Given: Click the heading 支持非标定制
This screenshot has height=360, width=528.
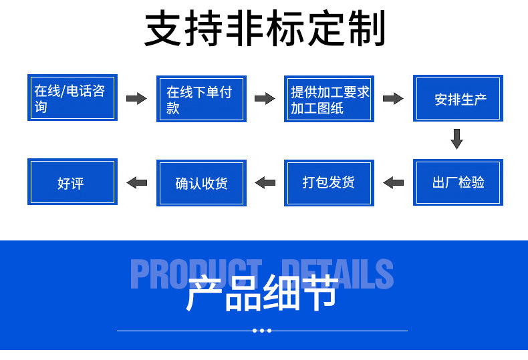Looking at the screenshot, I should point(265,30).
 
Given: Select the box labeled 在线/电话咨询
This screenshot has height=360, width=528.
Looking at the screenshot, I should point(72,98).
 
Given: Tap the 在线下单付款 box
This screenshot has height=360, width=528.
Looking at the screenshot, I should point(201,98).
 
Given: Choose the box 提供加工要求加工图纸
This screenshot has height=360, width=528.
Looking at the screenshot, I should point(329,98).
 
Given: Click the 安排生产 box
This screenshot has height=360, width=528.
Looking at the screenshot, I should point(458,98).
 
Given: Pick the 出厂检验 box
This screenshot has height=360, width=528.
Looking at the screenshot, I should point(458,182).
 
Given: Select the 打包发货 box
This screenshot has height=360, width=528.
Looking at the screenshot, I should point(329,182).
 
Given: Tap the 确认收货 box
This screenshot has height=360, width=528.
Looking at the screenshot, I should point(201,183).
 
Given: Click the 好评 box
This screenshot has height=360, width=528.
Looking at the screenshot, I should point(72,182).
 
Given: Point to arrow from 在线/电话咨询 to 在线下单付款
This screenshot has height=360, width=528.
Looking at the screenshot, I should point(136,99).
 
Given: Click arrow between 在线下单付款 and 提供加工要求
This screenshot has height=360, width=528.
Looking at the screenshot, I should point(265,99).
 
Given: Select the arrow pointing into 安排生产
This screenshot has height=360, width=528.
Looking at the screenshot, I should point(393,99).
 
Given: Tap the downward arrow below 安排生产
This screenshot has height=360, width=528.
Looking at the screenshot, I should point(457,139).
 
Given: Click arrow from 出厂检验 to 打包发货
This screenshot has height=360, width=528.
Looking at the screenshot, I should point(393,182).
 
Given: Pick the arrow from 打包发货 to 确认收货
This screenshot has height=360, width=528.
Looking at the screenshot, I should point(265,182).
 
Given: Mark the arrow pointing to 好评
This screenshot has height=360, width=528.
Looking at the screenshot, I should point(136,182).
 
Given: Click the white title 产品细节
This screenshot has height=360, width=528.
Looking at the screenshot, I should point(261,294).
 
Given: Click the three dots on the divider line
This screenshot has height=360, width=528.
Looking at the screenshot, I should point(262,331).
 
